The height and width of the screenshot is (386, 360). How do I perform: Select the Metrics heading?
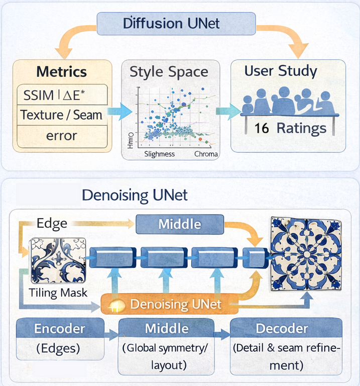coord(61,71)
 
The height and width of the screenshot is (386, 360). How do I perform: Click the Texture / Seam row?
coord(61,115)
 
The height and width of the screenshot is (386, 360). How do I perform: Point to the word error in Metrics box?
coord(61,135)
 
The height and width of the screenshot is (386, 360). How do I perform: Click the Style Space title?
coord(169,71)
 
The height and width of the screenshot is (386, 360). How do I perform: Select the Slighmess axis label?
coord(160,154)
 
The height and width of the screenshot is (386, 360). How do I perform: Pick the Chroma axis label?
coord(206,154)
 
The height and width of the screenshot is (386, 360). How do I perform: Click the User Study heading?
coord(280,71)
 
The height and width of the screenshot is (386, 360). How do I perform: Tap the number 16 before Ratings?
coord(261,128)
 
